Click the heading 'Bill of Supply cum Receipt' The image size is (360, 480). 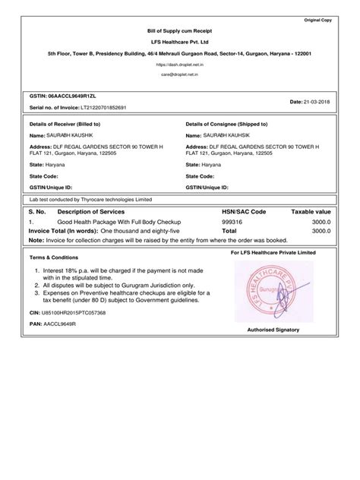coord(178,29)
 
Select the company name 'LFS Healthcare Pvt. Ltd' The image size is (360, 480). coord(178,42)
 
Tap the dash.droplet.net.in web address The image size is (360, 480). coord(178,66)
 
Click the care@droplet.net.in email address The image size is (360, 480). coord(178,76)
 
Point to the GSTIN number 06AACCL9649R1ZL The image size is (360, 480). coord(68,98)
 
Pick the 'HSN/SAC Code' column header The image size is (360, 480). coord(244,211)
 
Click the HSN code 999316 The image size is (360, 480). coord(232,222)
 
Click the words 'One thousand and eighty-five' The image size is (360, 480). coord(143,230)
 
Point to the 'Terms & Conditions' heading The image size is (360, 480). coord(54,257)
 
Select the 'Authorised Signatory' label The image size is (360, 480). coord(273,330)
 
